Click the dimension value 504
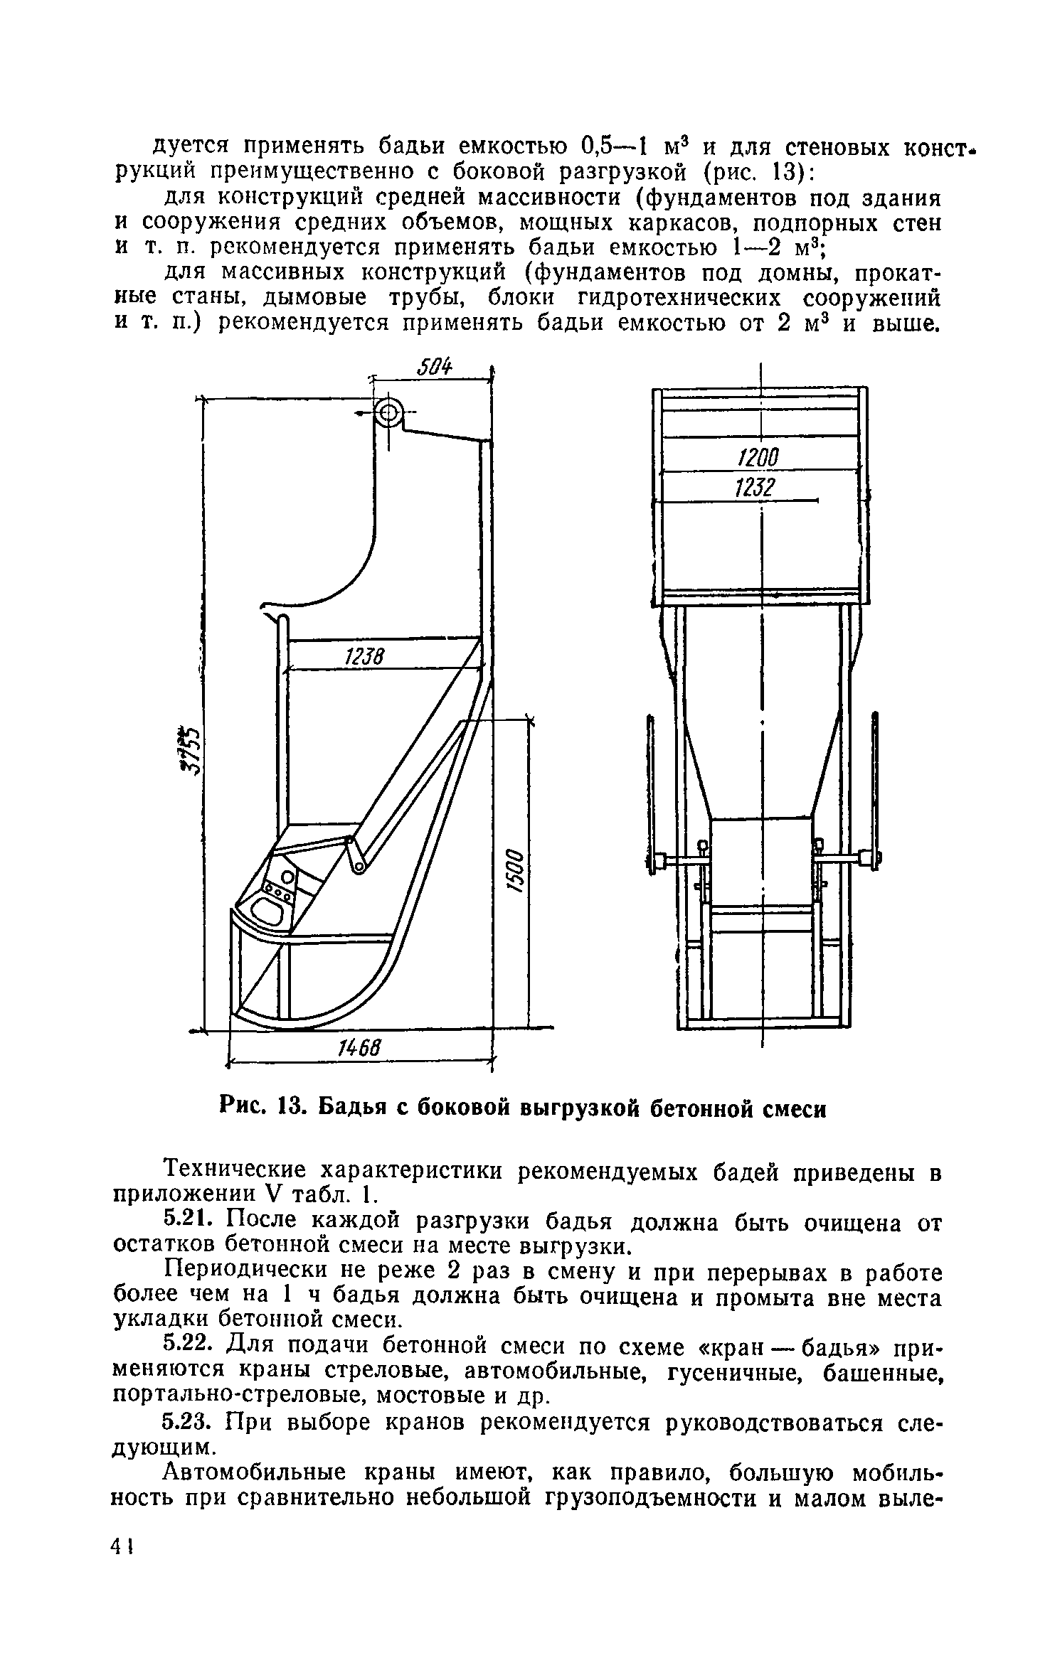click(x=435, y=368)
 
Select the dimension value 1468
click(x=359, y=1047)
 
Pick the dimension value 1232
click(x=753, y=488)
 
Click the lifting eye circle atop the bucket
click(x=388, y=412)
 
